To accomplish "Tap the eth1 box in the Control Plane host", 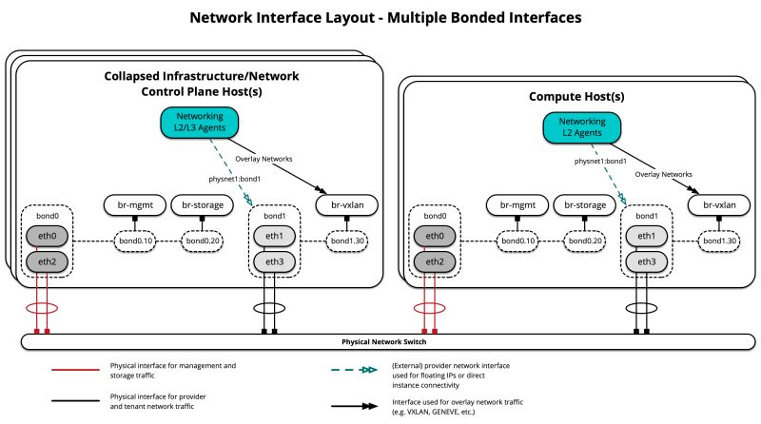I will (x=273, y=236).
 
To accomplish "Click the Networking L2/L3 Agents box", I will (x=199, y=123).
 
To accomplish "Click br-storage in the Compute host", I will (x=582, y=204).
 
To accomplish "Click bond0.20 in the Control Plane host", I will (x=202, y=242).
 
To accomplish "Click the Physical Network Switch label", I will (x=388, y=340).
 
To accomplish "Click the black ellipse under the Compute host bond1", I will (x=641, y=309).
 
